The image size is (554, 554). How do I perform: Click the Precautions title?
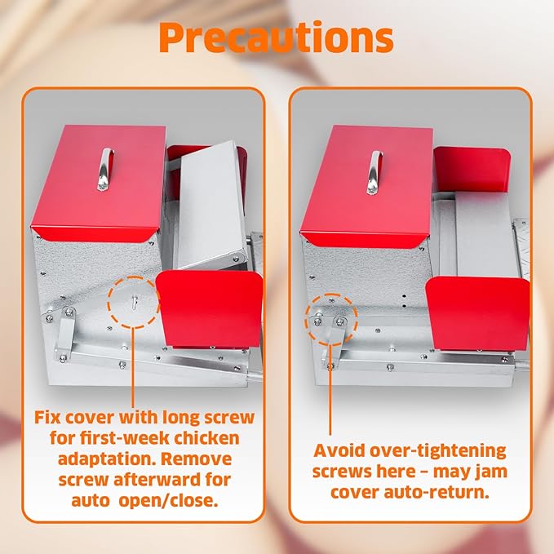(x=277, y=38)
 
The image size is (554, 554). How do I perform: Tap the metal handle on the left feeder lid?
(x=105, y=169)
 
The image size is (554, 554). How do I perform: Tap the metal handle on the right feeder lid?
(x=375, y=173)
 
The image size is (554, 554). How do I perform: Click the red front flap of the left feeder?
(x=210, y=308)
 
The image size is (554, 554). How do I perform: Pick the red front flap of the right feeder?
(x=478, y=313)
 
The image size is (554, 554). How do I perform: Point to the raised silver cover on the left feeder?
(x=211, y=204)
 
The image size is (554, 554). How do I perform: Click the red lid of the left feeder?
(x=100, y=183)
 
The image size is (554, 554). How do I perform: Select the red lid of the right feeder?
(x=367, y=186)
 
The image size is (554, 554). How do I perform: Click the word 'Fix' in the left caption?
(x=47, y=418)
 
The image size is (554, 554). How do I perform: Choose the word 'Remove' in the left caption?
(x=197, y=459)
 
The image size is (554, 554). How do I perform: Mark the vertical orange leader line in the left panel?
(x=133, y=367)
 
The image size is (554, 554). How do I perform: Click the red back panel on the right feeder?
(x=472, y=170)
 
